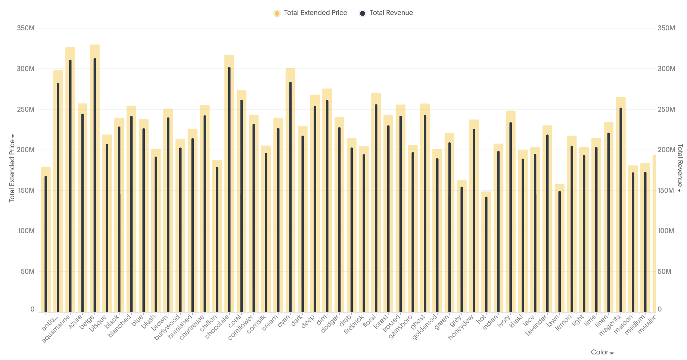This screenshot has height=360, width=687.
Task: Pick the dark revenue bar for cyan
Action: [290, 198]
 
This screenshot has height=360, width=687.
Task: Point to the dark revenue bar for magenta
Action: [621, 209]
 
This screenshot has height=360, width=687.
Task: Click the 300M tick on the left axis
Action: [26, 69]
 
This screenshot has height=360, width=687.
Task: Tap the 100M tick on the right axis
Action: [666, 231]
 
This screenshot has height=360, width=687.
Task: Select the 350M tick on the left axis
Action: [26, 28]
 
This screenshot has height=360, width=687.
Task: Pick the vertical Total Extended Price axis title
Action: [12, 170]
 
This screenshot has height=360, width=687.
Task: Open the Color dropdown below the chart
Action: [602, 352]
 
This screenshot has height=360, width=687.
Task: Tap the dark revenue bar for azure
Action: [83, 213]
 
